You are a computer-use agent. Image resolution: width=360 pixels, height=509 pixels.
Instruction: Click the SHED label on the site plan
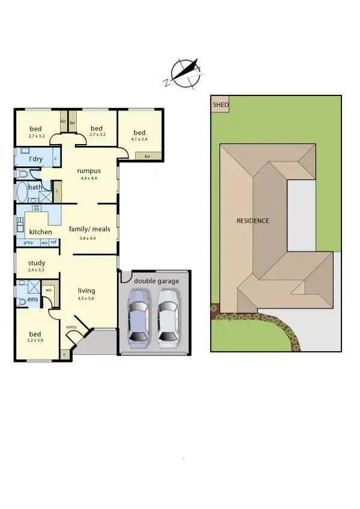coord(220,104)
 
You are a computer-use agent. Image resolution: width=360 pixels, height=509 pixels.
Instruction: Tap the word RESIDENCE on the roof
coord(253,220)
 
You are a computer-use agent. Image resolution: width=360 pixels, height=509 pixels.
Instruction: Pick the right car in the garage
coord(167,317)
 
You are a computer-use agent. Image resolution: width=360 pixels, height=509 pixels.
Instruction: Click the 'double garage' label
coord(156,281)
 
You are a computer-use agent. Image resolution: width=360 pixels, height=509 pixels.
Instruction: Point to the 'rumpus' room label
coord(88,171)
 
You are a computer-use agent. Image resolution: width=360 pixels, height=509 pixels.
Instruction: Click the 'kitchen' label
coord(40,232)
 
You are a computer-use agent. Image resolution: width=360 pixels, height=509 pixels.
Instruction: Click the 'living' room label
coord(86,291)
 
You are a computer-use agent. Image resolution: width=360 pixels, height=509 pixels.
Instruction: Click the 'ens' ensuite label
coord(32,299)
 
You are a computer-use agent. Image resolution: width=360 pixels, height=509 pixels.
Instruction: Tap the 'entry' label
coord(72,327)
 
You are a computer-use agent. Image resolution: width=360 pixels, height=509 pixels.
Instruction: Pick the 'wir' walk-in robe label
coord(49,289)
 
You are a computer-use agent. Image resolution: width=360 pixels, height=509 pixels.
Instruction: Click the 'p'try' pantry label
coord(29,242)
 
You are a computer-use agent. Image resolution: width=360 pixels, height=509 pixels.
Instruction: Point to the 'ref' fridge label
coord(53,242)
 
